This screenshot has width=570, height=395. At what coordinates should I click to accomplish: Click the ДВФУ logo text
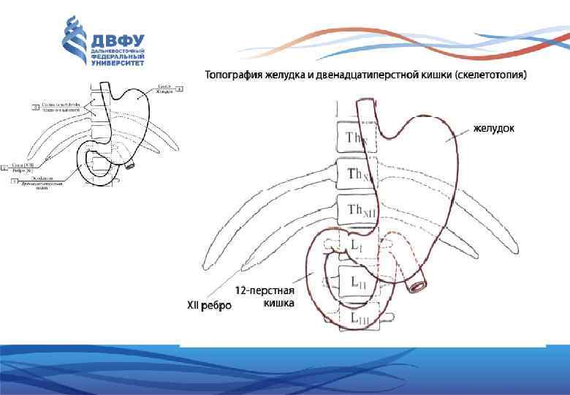point(116,40)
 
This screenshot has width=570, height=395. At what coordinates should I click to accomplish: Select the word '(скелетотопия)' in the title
point(490,75)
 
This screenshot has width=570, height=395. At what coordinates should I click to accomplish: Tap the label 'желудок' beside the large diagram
point(493,129)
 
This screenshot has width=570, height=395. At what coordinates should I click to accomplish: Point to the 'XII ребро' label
point(209,305)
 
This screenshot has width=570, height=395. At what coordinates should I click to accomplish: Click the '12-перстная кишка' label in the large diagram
point(271,296)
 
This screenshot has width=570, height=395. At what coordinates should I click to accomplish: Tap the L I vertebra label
point(355,247)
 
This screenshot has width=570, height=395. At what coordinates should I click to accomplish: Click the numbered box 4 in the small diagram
point(179,89)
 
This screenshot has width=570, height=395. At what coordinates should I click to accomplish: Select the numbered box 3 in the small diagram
point(34,108)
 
